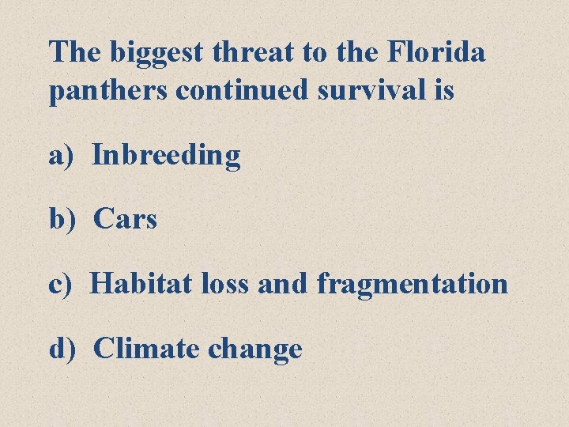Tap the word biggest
coord(160,54)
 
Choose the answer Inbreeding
coord(166,156)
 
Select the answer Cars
coord(125,219)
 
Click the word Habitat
coord(140,283)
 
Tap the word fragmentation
coord(412,284)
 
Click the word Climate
coord(146,347)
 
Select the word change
coord(254,349)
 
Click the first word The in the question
coord(76,52)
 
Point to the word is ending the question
coord(443,90)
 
